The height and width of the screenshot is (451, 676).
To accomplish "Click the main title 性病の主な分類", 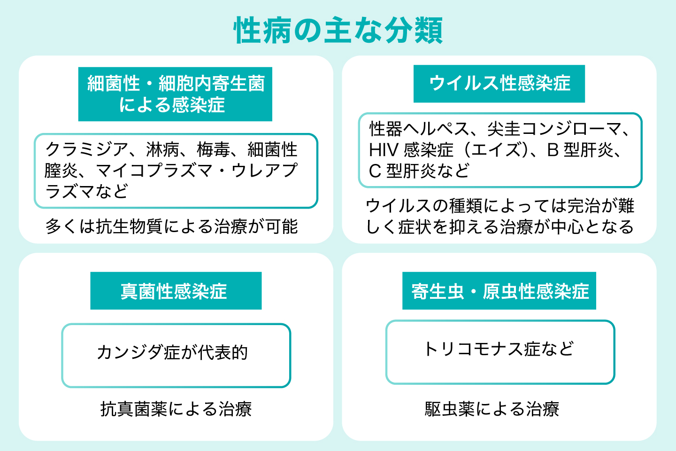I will (338, 31).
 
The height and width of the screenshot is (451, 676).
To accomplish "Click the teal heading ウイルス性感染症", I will (499, 84).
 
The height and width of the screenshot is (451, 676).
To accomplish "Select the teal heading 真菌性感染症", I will (175, 291).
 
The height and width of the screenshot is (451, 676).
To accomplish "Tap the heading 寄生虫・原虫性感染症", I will (499, 291).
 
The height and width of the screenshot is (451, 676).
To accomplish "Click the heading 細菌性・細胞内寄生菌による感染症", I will (175, 94).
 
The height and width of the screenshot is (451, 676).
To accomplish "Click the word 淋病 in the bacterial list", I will (162, 150).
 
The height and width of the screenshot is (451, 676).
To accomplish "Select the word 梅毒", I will (214, 150).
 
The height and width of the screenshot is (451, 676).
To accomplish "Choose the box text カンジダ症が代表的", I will (173, 352).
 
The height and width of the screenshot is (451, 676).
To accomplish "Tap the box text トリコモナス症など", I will (499, 349).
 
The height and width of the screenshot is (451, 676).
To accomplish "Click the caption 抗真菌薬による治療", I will (176, 409).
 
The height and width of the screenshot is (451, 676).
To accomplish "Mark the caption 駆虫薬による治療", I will (492, 409).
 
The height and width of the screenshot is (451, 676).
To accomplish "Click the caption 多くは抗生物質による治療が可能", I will (172, 227).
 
